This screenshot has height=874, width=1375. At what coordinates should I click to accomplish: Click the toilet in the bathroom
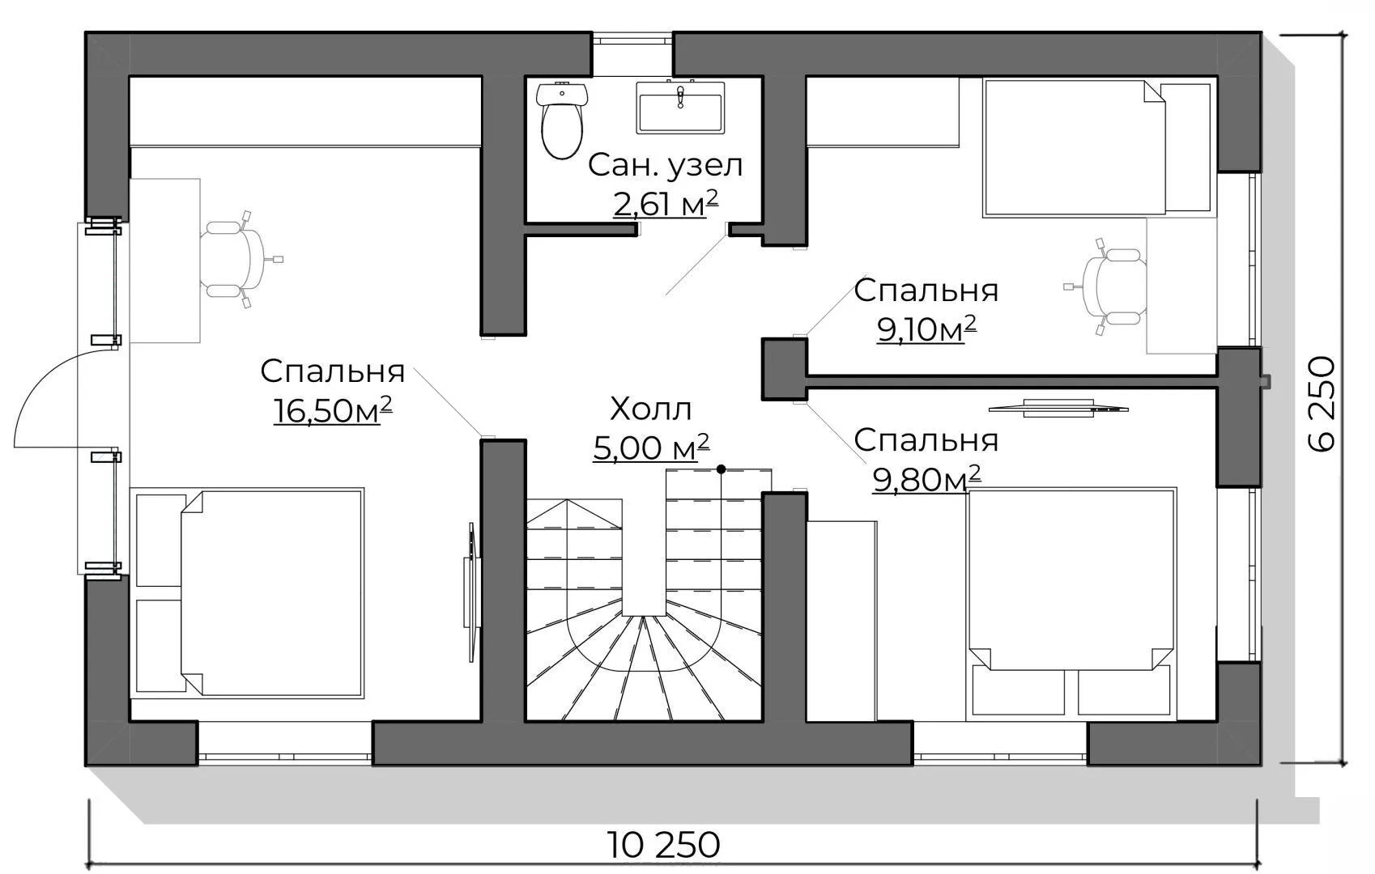point(562,121)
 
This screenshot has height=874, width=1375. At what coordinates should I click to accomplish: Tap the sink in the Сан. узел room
point(680,108)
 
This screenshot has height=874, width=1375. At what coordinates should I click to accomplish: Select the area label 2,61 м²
point(666,204)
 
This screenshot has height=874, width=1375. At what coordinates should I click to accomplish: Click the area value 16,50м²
point(333,410)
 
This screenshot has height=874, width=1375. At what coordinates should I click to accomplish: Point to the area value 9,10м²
point(926,329)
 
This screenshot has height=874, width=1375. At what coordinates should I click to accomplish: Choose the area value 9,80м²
point(926,479)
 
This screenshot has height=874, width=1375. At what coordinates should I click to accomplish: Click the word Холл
point(651,409)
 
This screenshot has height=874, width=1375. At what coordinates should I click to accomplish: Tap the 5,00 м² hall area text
point(651,448)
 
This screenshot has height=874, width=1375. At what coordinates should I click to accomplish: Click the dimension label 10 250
point(663,845)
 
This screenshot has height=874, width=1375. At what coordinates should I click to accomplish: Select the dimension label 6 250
point(1322,404)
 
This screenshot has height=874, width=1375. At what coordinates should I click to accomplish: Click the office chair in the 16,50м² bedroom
point(236,260)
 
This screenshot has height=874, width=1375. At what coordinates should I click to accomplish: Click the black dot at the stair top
point(722,469)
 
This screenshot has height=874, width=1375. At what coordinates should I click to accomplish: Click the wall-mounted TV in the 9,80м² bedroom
point(1058,408)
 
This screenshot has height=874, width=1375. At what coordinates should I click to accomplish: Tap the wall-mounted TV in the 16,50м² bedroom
point(471,592)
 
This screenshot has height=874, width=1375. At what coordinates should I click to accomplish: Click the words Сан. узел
point(666,165)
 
